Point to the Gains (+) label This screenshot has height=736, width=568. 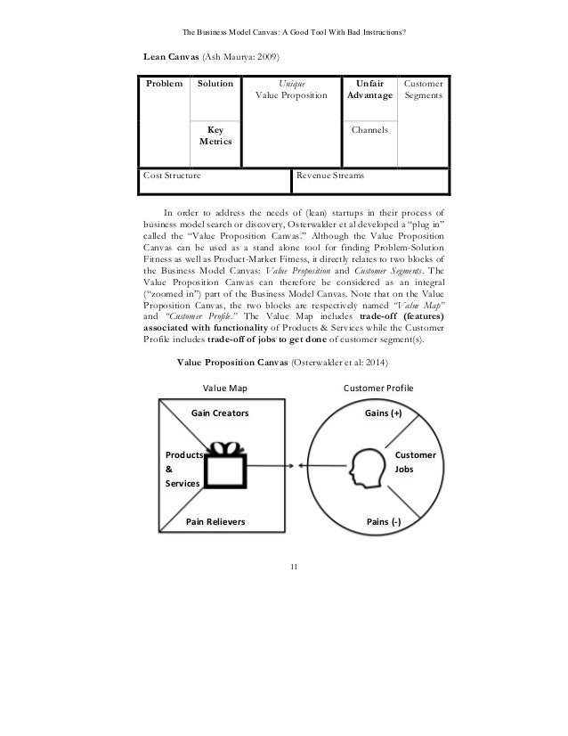(384, 414)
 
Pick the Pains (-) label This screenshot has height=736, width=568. (384, 520)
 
